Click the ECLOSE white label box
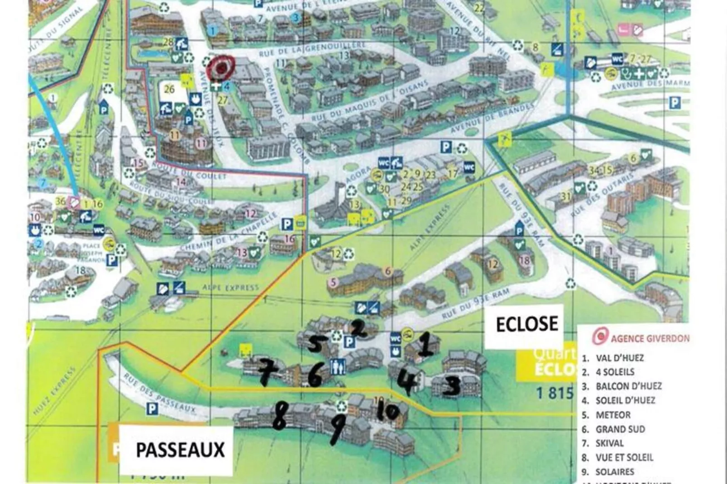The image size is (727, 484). click(526, 324)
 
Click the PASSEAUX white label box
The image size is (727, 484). click(180, 450)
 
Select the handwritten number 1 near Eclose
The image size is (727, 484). click(426, 343)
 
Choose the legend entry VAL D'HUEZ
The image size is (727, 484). click(619, 358)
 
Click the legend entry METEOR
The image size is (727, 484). click(612, 415)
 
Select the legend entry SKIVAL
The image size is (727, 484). click(609, 443)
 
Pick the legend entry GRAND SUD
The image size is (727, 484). click(620, 429)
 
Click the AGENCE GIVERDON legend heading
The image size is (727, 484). click(650, 338)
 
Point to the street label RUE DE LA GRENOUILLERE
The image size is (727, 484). click(312, 49)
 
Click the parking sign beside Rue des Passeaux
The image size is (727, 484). click(153, 409)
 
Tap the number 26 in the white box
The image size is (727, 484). click(169, 90)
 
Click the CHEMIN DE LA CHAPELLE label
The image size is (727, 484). click(229, 232)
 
